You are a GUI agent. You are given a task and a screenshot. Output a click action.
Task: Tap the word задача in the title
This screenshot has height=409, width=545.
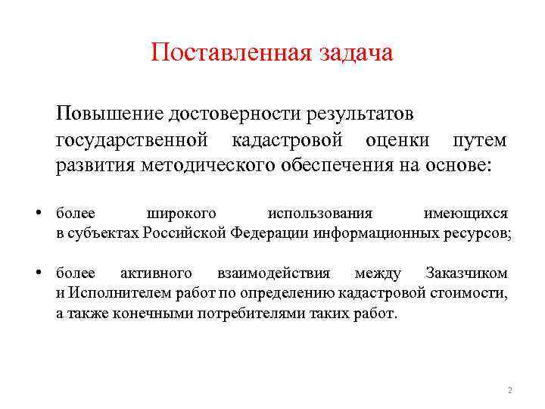356,54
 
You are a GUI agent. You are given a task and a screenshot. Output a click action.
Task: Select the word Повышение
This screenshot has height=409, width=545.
109,114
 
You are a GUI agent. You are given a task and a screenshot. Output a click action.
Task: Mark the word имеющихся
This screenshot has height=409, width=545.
466,214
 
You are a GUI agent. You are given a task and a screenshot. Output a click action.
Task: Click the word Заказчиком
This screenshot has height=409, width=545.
466,273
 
